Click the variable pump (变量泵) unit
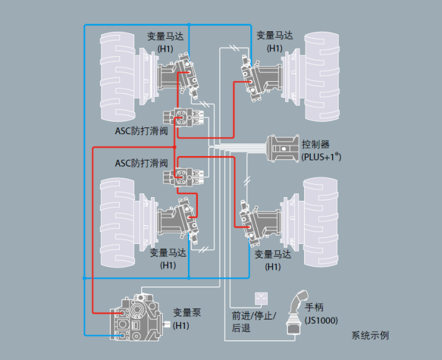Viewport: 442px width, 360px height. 136,316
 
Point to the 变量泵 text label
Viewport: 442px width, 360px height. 187,313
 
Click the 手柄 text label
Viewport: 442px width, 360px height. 315,308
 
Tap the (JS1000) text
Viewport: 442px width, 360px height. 322,320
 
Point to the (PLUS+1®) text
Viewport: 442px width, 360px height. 321,157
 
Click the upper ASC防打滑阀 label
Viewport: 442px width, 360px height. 142,130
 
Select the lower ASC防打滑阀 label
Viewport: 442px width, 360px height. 142,162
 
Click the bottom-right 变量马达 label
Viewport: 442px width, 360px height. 273,254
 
